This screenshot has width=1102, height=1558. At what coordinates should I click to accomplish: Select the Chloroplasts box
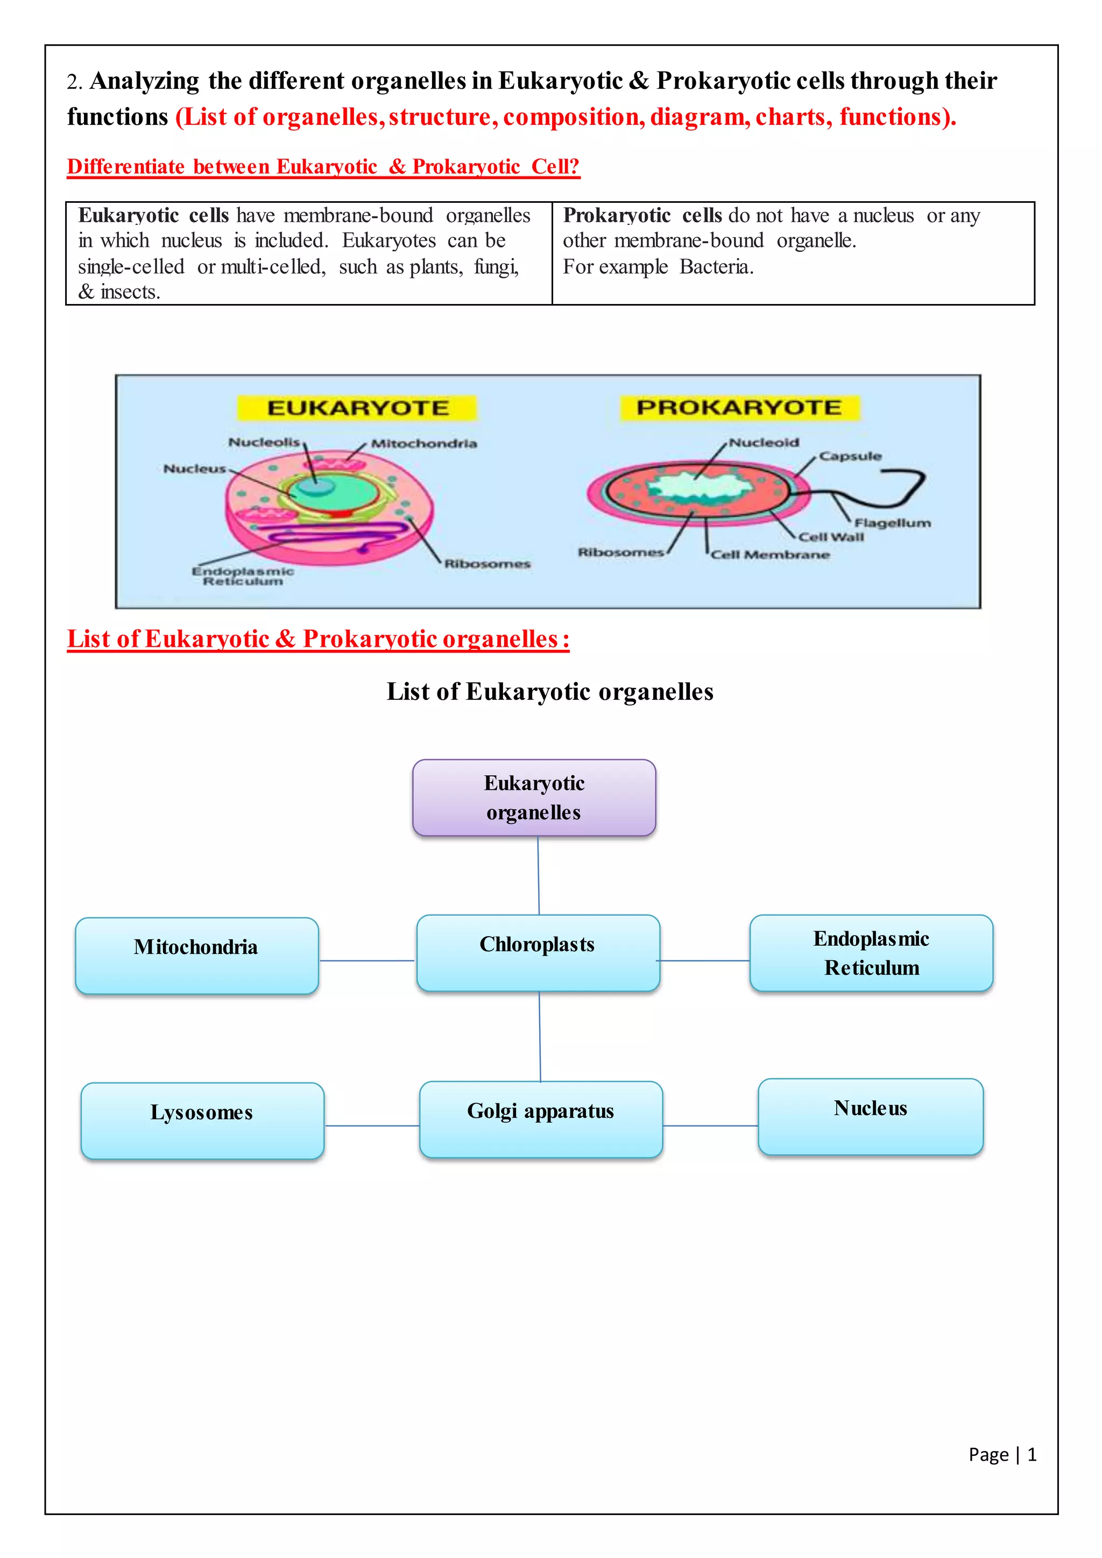point(538,953)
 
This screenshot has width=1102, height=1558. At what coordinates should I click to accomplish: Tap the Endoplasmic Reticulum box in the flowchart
point(871,953)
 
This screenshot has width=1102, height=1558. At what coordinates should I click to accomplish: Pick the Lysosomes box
point(202,1120)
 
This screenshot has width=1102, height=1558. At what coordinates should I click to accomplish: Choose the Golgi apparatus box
point(541,1119)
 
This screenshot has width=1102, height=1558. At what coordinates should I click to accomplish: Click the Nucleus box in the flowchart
point(871,1116)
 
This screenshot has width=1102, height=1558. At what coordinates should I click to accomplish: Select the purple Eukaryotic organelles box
point(534,797)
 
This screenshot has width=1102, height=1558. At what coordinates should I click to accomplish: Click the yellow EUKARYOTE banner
point(358,408)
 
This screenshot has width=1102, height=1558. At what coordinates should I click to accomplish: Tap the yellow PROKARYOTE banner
point(739,407)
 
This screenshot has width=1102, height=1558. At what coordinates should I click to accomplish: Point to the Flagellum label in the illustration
point(892,522)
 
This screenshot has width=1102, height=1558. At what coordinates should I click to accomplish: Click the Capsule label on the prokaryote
point(850,456)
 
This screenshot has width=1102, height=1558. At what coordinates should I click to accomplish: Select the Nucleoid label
point(764,442)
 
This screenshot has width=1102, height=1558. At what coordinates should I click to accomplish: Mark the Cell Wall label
point(831,537)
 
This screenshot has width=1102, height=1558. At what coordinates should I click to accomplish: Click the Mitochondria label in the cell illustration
point(424,444)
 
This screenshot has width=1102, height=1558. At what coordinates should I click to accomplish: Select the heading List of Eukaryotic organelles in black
point(549,691)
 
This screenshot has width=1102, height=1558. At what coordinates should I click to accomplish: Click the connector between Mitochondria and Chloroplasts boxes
point(367,960)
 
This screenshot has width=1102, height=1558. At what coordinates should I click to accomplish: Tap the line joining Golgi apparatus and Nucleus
point(710,1126)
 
